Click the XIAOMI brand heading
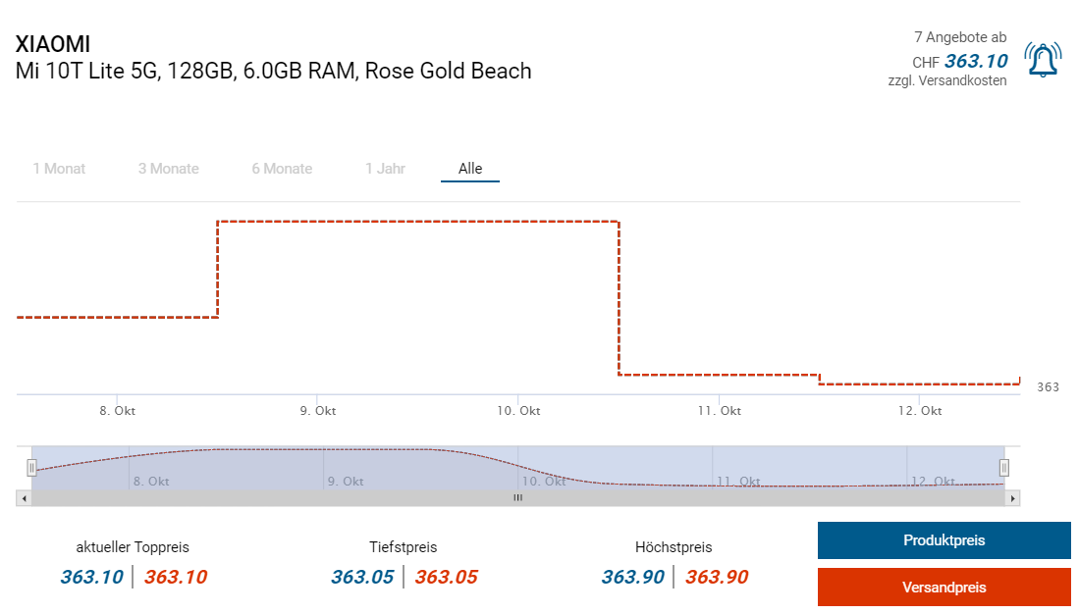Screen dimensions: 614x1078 (x=53, y=44)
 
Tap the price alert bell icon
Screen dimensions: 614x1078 (x=1042, y=60)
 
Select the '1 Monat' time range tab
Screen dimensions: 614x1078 (x=59, y=169)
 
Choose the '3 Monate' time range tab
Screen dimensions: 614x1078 (x=168, y=169)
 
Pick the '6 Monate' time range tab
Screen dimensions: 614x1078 (x=282, y=169)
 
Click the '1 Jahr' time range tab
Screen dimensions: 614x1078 (x=385, y=169)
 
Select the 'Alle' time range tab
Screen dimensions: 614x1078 (x=470, y=169)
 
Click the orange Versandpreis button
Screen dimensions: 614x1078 (x=943, y=588)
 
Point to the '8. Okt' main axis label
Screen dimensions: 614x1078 (x=118, y=411)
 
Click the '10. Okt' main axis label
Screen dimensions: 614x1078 (x=518, y=411)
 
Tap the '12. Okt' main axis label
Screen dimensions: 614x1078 (x=920, y=411)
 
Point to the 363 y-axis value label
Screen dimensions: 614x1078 (x=1048, y=387)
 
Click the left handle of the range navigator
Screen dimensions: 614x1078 (x=31, y=468)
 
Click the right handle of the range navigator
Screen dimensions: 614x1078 (x=1004, y=468)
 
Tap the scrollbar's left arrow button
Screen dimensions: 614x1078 (x=24, y=498)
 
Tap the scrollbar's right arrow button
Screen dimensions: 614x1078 (x=1013, y=498)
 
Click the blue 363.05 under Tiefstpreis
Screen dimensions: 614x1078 (x=362, y=577)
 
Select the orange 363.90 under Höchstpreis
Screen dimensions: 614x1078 (x=717, y=577)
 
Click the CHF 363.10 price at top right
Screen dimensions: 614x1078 (x=975, y=61)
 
